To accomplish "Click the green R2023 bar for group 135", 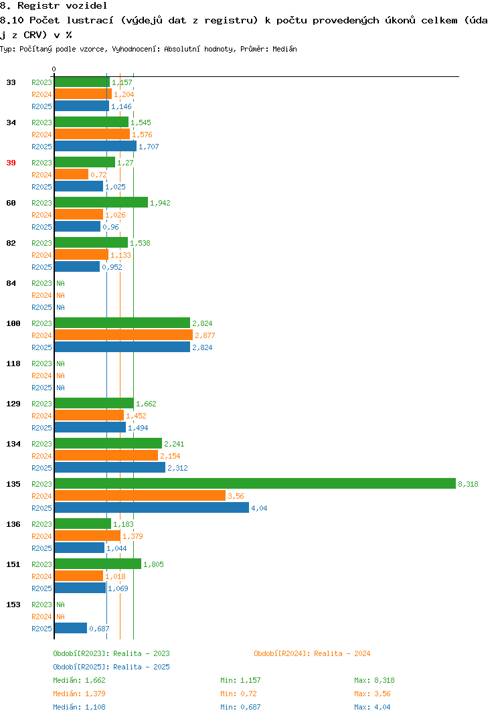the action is pyautogui.click(x=256, y=484).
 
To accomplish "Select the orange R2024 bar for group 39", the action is pyautogui.click(x=72, y=174).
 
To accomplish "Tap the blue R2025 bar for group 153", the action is pyautogui.click(x=71, y=628).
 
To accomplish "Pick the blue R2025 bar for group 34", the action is pyautogui.click(x=96, y=146).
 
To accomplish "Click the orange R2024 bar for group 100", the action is pyautogui.click(x=124, y=335).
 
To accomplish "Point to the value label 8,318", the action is pyautogui.click(x=468, y=484).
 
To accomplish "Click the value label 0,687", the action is pyautogui.click(x=99, y=629).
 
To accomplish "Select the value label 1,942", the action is pyautogui.click(x=160, y=203).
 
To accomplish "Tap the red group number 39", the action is pyautogui.click(x=11, y=163).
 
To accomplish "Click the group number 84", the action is pyautogui.click(x=11, y=283).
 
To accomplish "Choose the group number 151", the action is pyautogui.click(x=13, y=564).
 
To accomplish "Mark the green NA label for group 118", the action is pyautogui.click(x=60, y=364).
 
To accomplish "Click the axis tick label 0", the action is pyautogui.click(x=54, y=69).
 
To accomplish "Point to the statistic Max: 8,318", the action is pyautogui.click(x=374, y=680).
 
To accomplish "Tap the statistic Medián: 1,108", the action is pyautogui.click(x=79, y=707).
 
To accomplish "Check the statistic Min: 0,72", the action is pyautogui.click(x=238, y=694).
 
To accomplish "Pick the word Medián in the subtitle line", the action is pyautogui.click(x=284, y=49).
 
